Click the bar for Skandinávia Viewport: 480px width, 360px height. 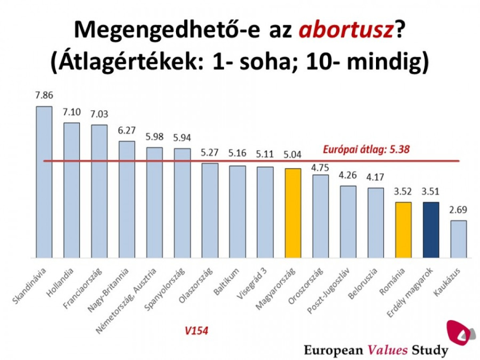pos(44,182)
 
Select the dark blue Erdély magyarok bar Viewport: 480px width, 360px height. pos(431,230)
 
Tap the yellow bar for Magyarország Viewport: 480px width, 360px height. pos(293,213)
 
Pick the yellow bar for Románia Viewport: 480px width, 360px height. pos(403,230)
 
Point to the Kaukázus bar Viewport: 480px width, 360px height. pos(458,239)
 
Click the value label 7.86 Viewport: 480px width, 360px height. pos(44,96)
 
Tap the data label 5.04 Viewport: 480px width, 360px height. pos(293,155)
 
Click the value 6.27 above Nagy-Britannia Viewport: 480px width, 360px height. pos(127,131)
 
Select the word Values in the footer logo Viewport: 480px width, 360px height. pos(388,350)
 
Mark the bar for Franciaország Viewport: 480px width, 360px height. pos(99,191)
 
